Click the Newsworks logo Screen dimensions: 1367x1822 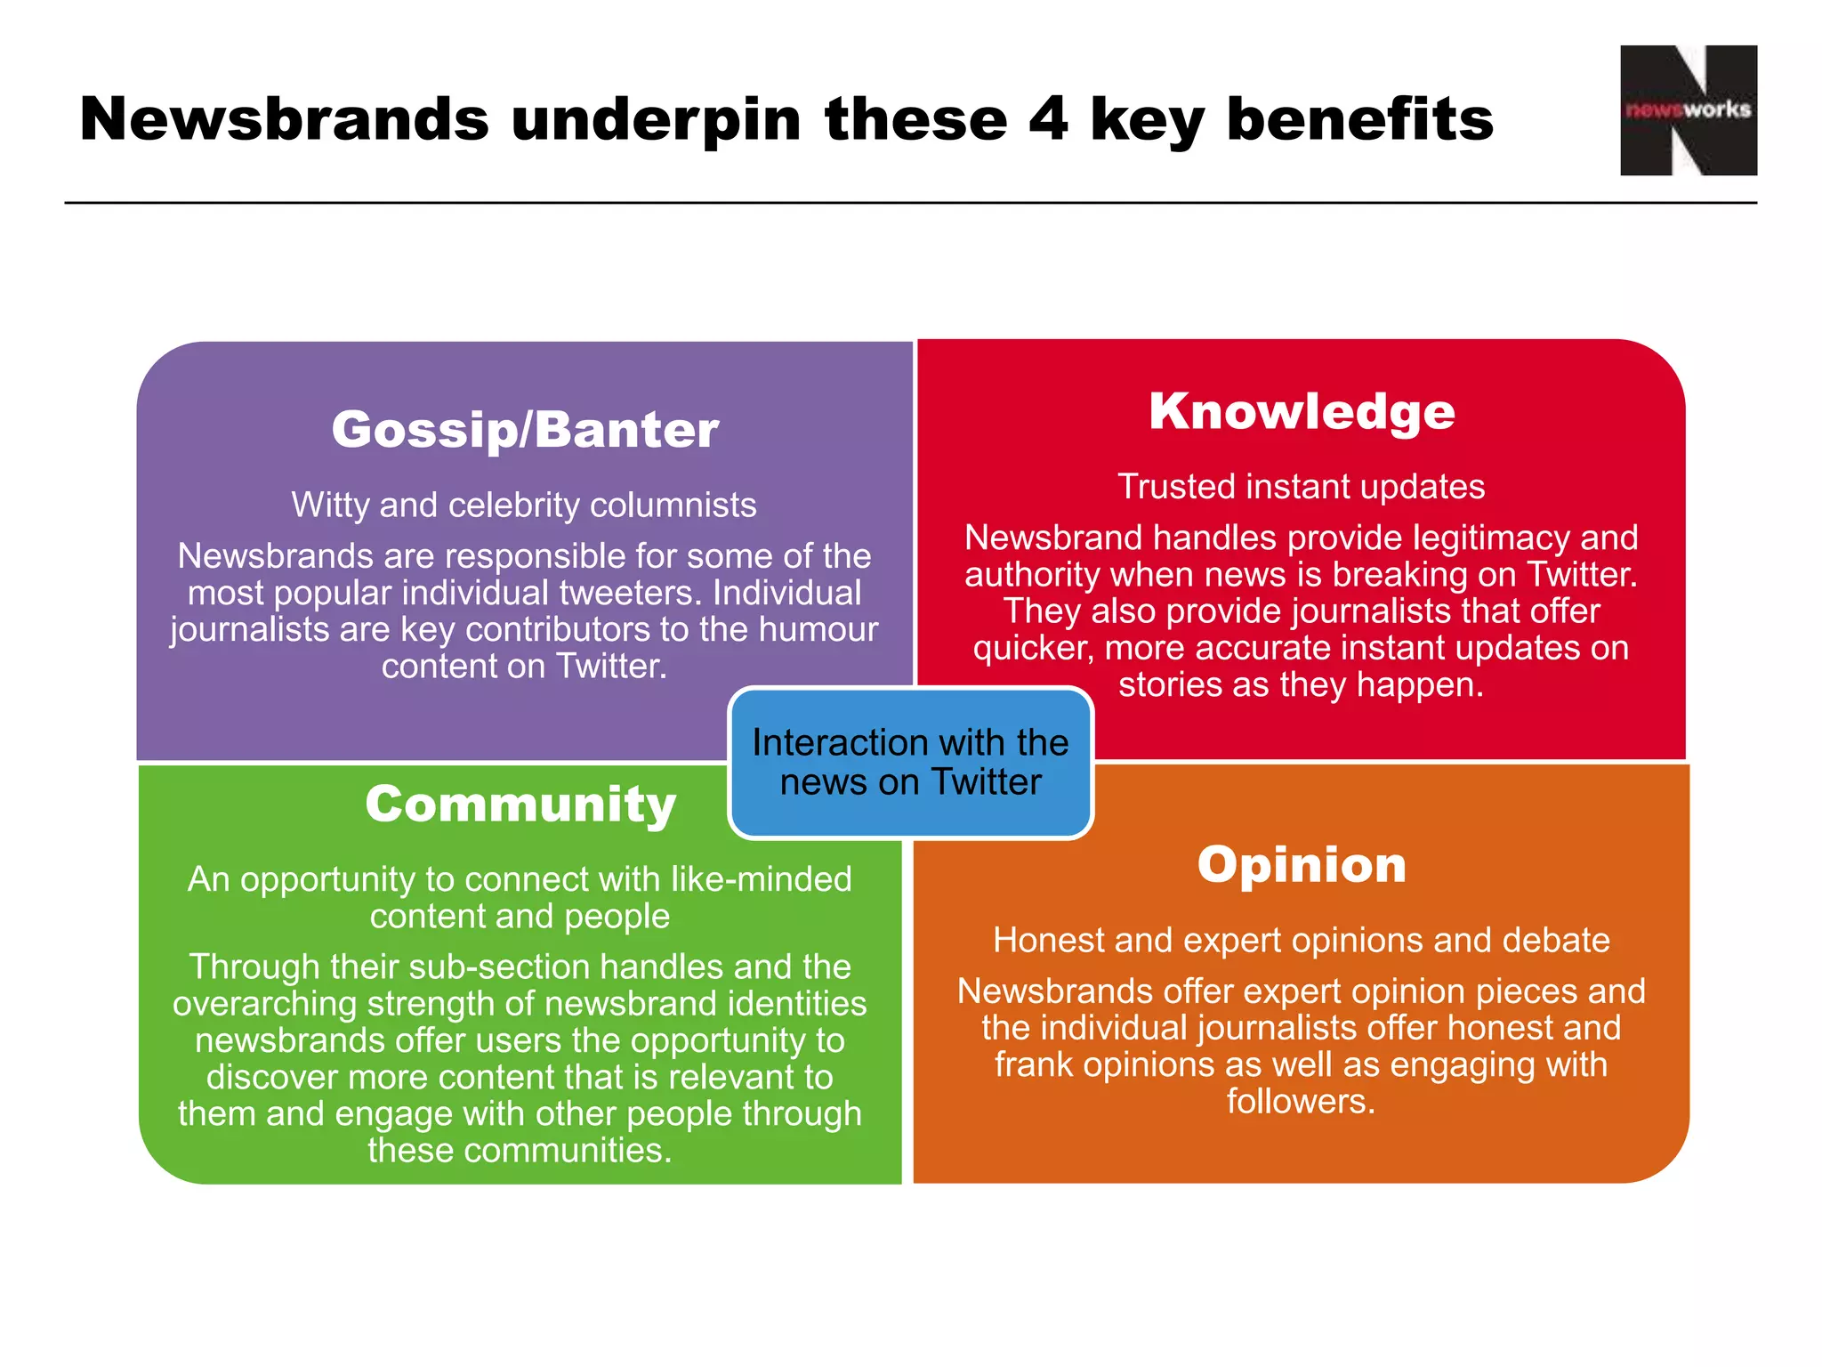click(1688, 110)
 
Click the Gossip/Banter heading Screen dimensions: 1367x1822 click(525, 430)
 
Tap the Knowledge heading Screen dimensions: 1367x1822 click(1302, 412)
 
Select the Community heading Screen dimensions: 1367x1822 click(520, 805)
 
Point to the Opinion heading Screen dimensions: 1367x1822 click(1302, 865)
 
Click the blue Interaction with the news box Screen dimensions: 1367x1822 click(910, 763)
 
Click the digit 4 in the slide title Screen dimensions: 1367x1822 click(1047, 119)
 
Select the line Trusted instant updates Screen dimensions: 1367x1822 click(1302, 487)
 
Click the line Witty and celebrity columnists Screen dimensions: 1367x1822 click(524, 506)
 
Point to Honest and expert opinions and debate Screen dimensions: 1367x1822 click(1302, 941)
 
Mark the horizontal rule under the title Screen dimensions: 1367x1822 click(910, 203)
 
